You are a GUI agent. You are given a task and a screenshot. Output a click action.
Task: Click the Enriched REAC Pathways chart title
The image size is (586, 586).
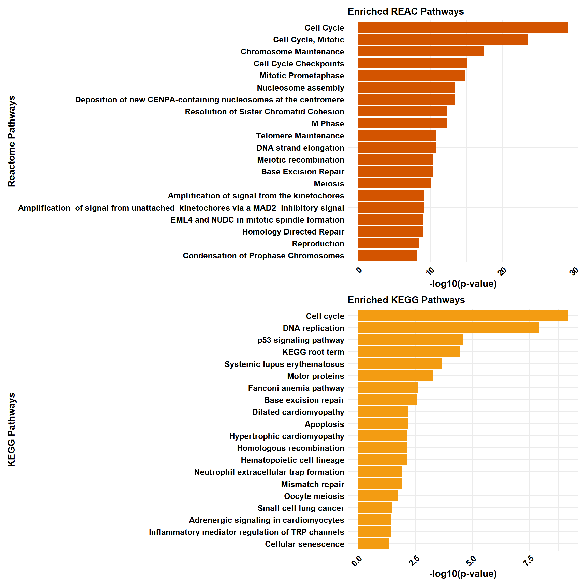(x=405, y=11)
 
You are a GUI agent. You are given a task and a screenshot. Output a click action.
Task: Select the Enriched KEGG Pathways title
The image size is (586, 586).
(x=406, y=300)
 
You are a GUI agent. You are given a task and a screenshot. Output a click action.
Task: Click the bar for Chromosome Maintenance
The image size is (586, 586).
(x=421, y=51)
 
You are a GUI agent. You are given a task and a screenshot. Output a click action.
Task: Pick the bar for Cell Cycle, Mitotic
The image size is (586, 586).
(x=443, y=39)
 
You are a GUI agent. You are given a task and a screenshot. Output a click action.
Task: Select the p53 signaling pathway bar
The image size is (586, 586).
(x=411, y=340)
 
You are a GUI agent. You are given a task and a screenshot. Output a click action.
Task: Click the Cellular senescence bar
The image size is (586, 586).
(x=374, y=544)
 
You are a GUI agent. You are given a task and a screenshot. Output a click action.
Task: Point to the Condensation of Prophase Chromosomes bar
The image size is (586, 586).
(x=387, y=255)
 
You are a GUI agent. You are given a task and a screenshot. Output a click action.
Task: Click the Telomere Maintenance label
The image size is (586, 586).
(x=300, y=136)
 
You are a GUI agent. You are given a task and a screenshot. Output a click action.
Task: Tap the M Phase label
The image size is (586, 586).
(x=328, y=124)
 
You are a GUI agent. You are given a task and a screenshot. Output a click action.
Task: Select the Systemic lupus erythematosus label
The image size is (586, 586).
(x=284, y=364)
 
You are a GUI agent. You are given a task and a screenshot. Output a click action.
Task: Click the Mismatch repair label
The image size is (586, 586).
(x=312, y=484)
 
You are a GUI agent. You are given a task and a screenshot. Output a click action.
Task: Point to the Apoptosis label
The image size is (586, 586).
(x=324, y=424)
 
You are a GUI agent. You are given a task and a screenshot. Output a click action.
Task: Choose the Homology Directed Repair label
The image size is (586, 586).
(x=293, y=232)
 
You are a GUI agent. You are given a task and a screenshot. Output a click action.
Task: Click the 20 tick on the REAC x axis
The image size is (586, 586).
(x=502, y=271)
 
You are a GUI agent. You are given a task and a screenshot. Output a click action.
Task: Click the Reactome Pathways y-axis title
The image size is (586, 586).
(x=11, y=141)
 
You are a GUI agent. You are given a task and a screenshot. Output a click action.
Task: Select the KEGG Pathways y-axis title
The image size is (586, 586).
(x=11, y=430)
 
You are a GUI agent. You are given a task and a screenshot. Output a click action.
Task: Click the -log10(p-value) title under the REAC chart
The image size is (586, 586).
(x=463, y=284)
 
